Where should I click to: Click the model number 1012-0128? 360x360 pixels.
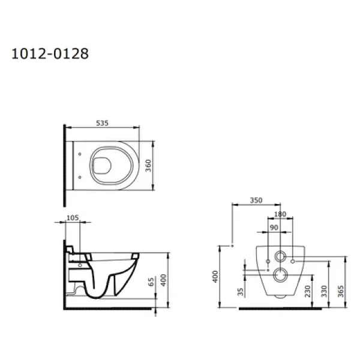point(50,54)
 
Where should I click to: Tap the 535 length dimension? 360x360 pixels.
point(102,123)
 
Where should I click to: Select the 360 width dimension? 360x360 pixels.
point(148,166)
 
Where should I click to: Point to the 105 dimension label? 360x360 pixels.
point(73,218)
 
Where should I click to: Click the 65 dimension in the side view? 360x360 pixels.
point(151,282)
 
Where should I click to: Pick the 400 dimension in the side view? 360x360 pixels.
point(163,280)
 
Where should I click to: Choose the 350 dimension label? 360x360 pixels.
point(256,200)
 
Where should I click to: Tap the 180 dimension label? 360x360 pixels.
point(280,214)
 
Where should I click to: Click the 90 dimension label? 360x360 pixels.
point(274,227)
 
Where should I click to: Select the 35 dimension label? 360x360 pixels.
point(241,292)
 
